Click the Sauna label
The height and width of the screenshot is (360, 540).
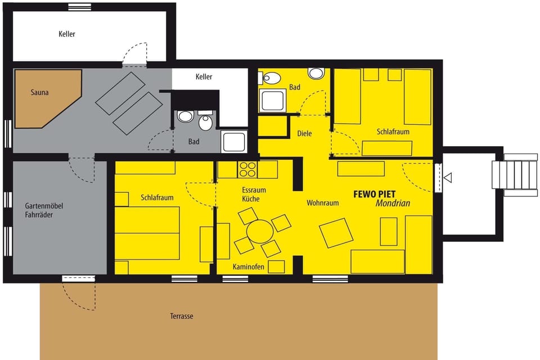[39, 92]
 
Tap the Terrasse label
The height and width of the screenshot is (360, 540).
[182, 316]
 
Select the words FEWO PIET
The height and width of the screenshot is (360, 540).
[374, 193]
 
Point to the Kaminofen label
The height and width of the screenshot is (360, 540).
[249, 267]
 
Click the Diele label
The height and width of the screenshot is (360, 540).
[304, 133]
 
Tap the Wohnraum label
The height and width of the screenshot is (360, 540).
[322, 202]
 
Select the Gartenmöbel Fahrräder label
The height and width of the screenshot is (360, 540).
[44, 210]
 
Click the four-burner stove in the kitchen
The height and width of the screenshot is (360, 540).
[247, 169]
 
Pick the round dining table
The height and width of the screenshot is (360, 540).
[260, 231]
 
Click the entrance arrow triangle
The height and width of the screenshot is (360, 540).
[448, 178]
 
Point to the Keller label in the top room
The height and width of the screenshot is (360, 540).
[67, 34]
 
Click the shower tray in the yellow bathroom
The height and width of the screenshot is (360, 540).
[273, 100]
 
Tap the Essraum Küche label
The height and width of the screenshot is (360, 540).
[254, 194]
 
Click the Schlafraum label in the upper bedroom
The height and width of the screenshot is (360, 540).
[393, 132]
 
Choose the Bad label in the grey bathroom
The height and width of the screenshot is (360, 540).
[194, 142]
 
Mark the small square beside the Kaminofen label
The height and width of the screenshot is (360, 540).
[276, 267]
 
